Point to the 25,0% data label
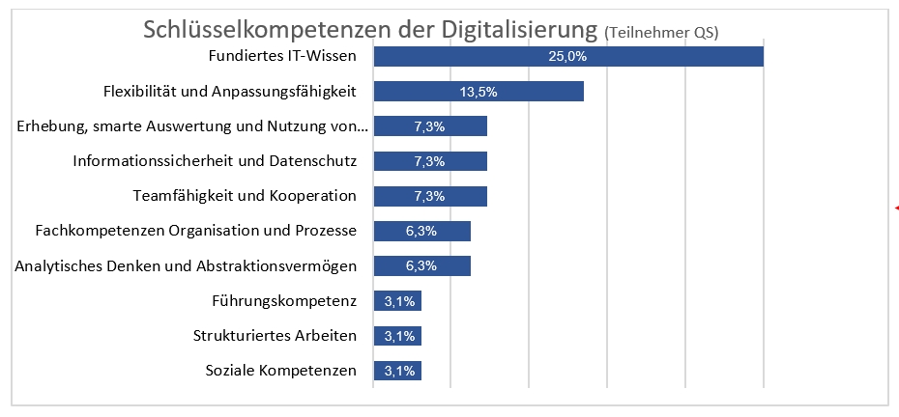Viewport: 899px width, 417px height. [567, 57]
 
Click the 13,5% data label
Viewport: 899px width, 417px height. [478, 92]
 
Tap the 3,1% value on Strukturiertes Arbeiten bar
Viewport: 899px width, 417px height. [399, 336]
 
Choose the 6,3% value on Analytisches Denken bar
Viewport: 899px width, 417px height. [421, 266]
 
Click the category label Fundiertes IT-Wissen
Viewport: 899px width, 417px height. [282, 57]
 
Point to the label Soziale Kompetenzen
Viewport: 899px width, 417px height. [280, 371]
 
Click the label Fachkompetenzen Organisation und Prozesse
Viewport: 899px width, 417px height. [196, 232]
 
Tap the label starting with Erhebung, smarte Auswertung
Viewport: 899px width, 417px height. [193, 126]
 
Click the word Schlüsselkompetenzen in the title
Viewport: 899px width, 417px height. [258, 29]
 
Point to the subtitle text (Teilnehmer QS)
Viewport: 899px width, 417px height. [661, 33]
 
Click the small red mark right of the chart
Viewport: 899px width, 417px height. [896, 208]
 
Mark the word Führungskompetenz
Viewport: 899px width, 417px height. [283, 301]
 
